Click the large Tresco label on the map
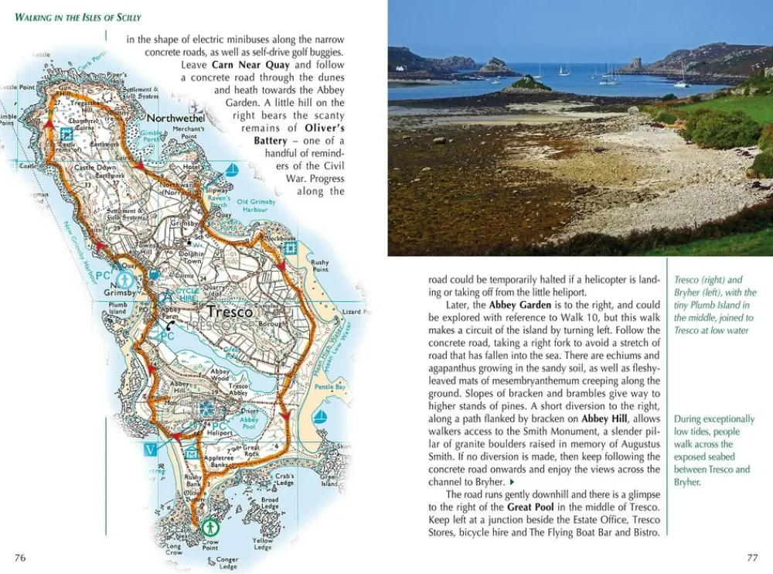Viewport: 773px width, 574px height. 230,312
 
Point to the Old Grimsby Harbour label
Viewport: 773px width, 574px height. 257,206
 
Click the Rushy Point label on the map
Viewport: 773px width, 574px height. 319,266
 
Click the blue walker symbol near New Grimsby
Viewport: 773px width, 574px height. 123,278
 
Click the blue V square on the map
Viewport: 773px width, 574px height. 150,449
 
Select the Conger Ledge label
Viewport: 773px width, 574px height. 227,563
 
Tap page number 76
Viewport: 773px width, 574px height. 20,558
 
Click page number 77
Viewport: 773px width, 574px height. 751,558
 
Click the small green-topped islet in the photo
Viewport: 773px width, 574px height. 527,84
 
